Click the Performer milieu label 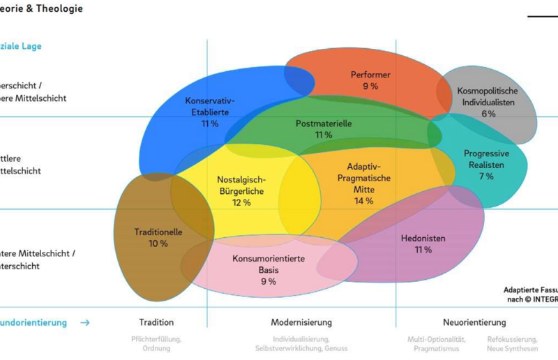pyautogui.click(x=370, y=75)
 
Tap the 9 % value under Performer pyautogui.click(x=370, y=86)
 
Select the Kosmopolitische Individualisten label pyautogui.click(x=488, y=96)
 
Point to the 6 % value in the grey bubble pyautogui.click(x=488, y=114)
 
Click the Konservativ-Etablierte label pyautogui.click(x=210, y=106)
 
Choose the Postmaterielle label pyautogui.click(x=324, y=123)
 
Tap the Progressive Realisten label pyautogui.click(x=486, y=159)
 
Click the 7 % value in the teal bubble pyautogui.click(x=486, y=177)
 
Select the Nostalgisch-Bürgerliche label pyautogui.click(x=241, y=184)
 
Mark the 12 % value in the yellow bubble pyautogui.click(x=241, y=202)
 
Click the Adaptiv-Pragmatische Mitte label pyautogui.click(x=364, y=178)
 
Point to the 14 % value pyautogui.click(x=364, y=201)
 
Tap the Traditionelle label pyautogui.click(x=158, y=232)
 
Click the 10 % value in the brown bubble pyautogui.click(x=158, y=243)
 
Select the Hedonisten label pyautogui.click(x=423, y=238)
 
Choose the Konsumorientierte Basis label pyautogui.click(x=269, y=264)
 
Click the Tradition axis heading pyautogui.click(x=156, y=322)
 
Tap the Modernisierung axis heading pyautogui.click(x=301, y=322)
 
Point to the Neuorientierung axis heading pyautogui.click(x=474, y=322)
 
